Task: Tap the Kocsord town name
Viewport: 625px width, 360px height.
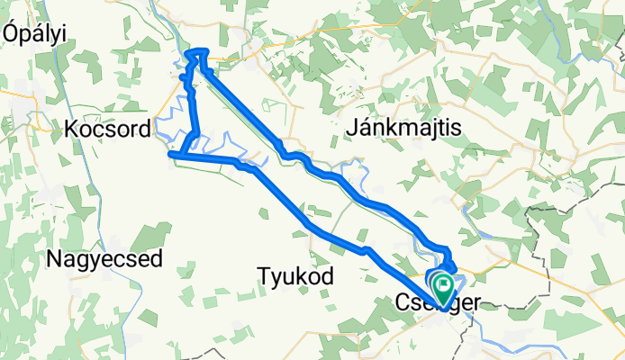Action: (x=107, y=130)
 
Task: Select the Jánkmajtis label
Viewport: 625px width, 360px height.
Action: (x=403, y=130)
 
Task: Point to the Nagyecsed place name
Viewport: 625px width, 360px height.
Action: (x=104, y=260)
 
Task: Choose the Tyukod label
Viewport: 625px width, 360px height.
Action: (x=295, y=274)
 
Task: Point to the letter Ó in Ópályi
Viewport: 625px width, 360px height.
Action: (x=12, y=32)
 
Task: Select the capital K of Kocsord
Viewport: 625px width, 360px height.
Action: (x=71, y=130)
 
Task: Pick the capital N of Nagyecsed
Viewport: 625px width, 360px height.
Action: (x=54, y=260)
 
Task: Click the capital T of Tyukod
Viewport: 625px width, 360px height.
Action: (x=263, y=274)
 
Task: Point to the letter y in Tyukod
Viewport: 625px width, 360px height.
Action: (x=275, y=276)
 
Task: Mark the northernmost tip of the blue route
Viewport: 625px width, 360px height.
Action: (x=198, y=50)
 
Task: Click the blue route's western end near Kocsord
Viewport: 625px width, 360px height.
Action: (x=171, y=155)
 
